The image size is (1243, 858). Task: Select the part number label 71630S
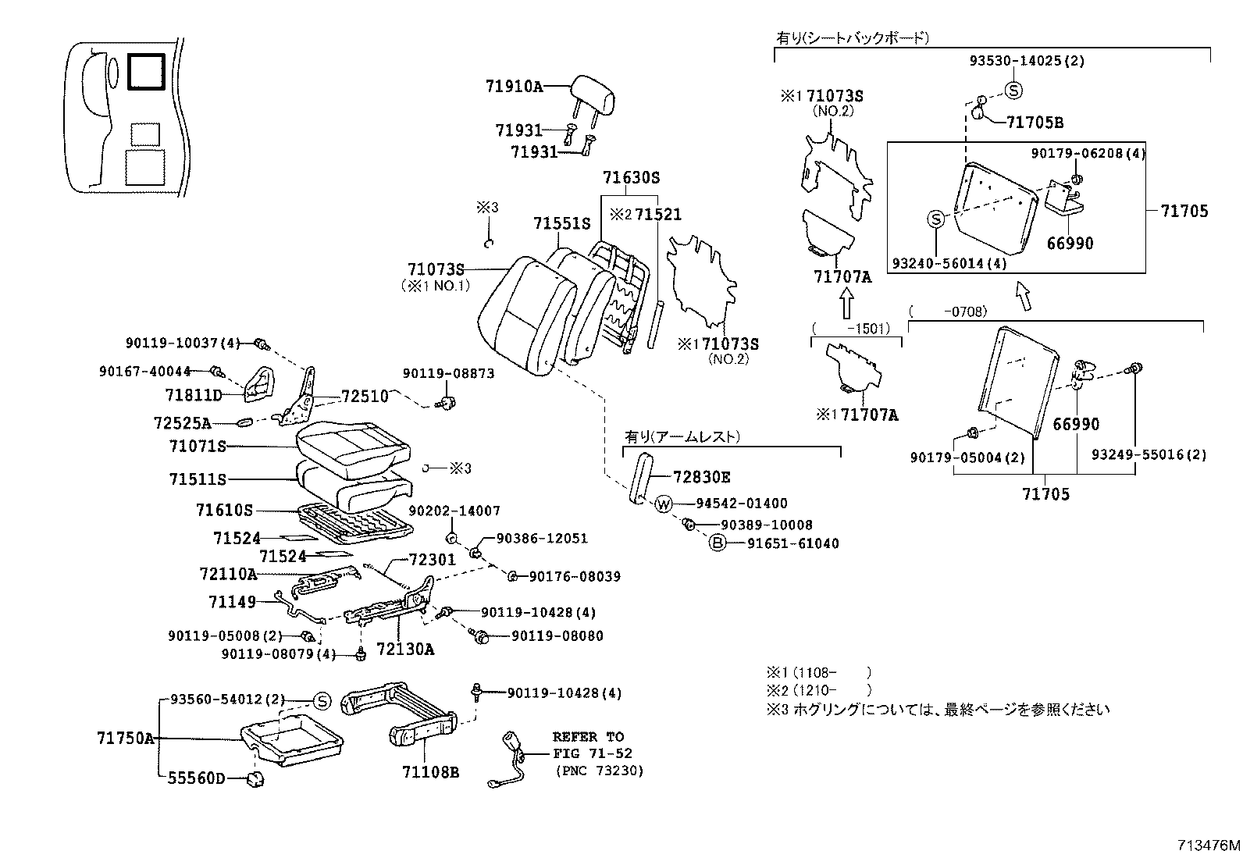[x=630, y=179]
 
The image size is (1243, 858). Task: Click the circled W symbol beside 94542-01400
[x=663, y=504]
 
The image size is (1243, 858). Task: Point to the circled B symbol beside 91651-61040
[x=717, y=543]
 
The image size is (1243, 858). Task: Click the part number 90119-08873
[x=448, y=374]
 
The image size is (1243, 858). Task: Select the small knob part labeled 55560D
[x=255, y=778]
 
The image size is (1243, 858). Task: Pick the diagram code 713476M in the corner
[x=1209, y=846]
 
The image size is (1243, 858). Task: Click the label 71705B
[x=1034, y=123]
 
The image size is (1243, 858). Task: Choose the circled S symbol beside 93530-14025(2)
[x=1013, y=91]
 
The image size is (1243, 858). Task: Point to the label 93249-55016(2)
[x=1148, y=454]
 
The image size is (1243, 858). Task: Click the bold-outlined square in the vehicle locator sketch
[x=145, y=72]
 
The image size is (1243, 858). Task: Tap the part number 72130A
[x=404, y=649]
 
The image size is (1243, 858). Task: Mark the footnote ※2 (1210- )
[x=817, y=690]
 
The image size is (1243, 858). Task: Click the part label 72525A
[x=182, y=423]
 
